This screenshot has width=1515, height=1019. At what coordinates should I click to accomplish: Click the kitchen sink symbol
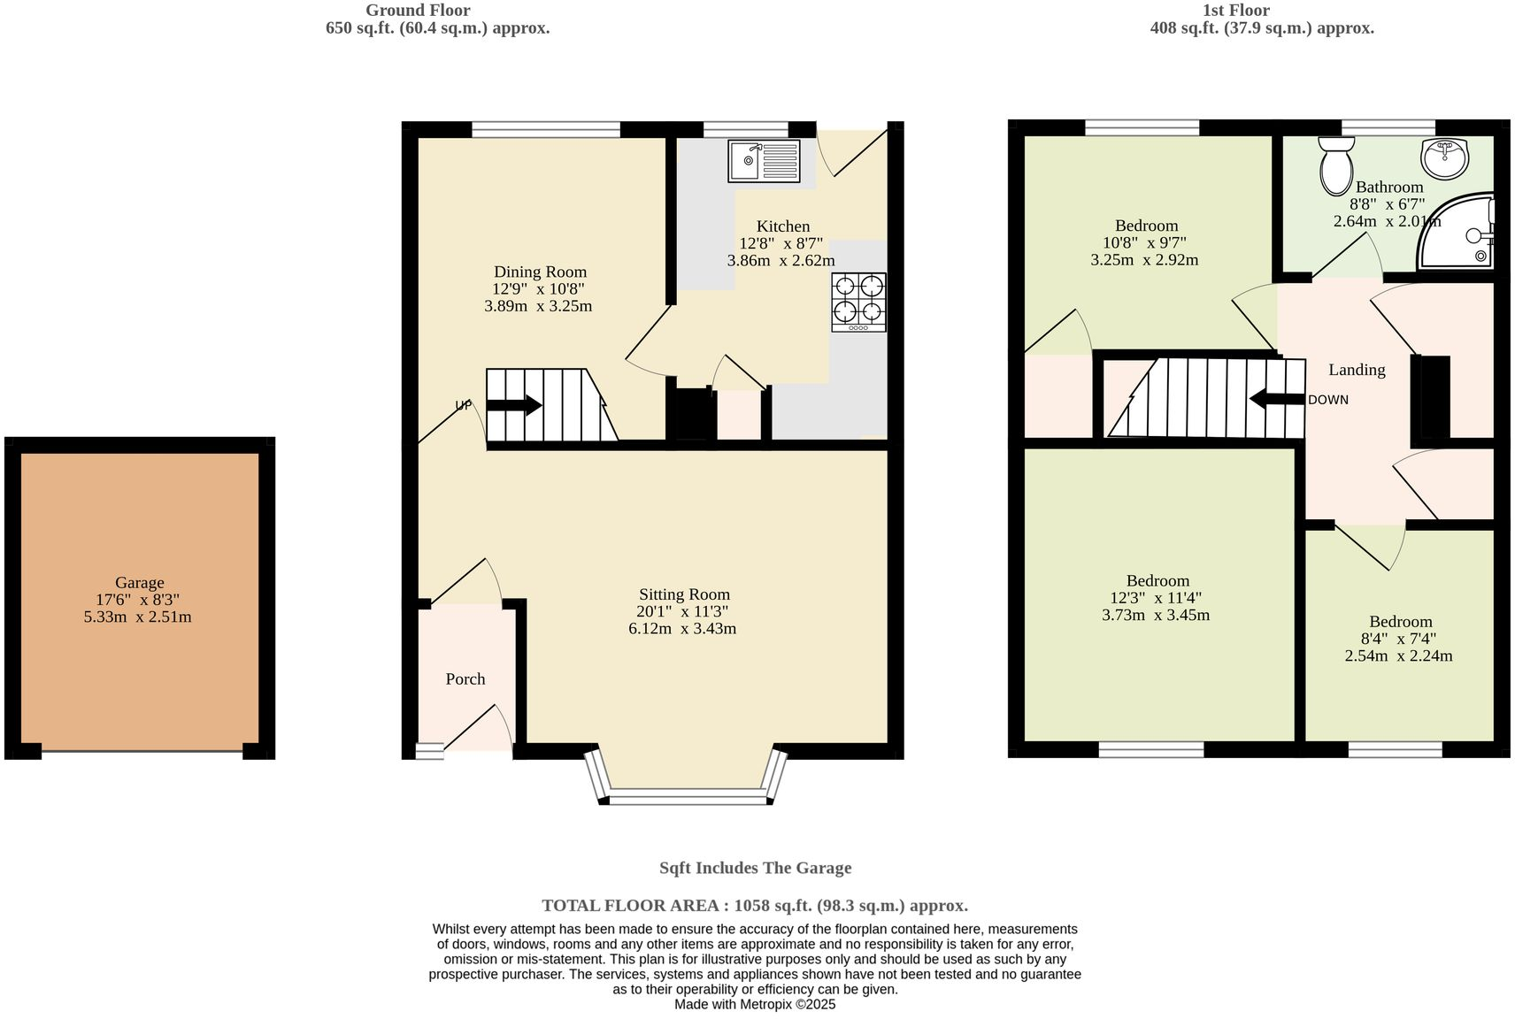764,161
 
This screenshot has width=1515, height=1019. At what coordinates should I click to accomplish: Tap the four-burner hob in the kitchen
858,302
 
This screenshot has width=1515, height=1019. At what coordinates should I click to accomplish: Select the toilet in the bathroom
1334,165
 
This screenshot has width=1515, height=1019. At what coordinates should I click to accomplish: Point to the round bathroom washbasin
1444,157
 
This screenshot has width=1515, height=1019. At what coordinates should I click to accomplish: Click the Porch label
465,678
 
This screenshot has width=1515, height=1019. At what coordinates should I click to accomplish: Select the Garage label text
139,582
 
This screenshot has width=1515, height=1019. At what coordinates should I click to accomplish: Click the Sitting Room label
684,594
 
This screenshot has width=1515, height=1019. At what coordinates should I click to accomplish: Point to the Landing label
1357,370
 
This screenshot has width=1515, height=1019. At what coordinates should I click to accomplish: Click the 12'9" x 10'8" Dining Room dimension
538,288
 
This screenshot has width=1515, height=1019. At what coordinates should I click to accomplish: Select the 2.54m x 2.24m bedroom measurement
1398,655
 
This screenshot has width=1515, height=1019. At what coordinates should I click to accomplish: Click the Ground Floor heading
418,11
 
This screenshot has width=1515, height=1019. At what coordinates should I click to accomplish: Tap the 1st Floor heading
1235,11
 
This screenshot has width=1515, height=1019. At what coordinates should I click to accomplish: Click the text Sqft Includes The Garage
755,868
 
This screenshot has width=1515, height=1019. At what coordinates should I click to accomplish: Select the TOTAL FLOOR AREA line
755,905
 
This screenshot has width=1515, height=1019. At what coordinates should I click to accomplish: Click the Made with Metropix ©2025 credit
755,1004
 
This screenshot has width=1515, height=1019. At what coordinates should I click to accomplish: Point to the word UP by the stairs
463,405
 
